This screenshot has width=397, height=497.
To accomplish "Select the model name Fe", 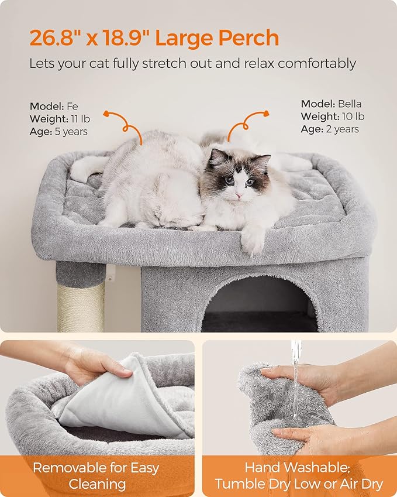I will pyautogui.click(x=72, y=107).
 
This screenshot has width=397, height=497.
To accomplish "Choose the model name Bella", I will pyautogui.click(x=350, y=104).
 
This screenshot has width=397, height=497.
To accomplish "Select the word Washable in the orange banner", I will pyautogui.click(x=299, y=468).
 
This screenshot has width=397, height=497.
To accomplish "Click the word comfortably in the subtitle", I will pyautogui.click(x=316, y=63).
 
